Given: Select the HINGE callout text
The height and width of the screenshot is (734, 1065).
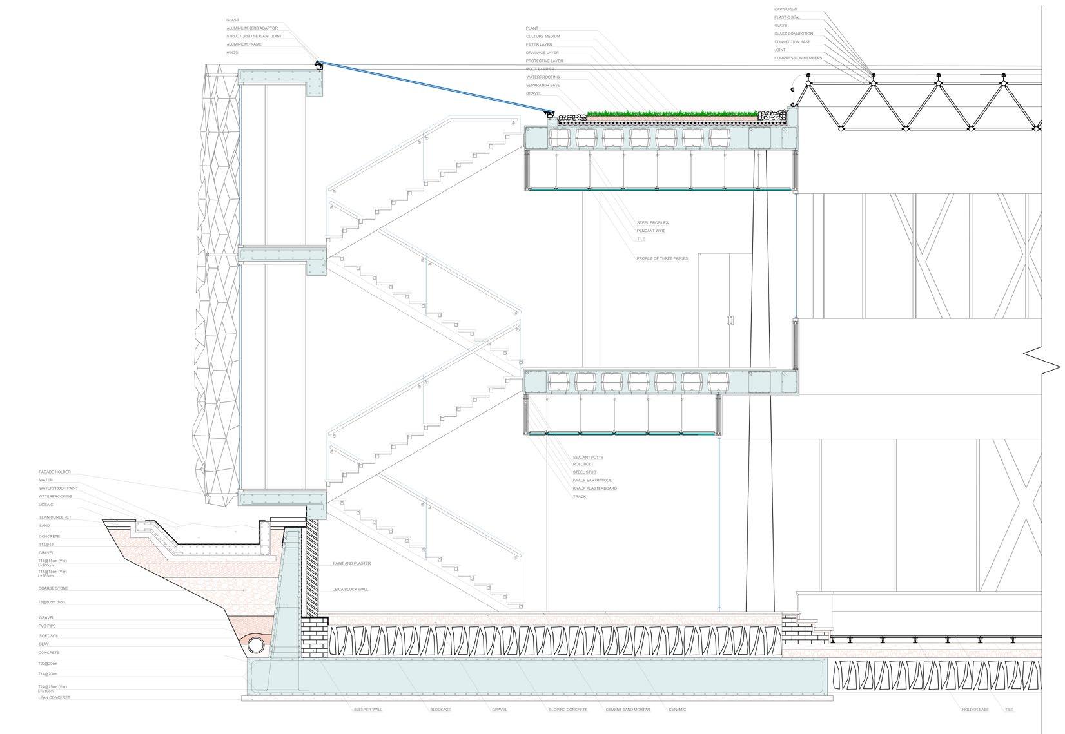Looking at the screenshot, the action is (232, 53).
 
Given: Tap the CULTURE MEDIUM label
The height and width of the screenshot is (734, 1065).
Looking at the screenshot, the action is (543, 37).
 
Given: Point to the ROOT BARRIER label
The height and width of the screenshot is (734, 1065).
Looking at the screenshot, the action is (540, 69).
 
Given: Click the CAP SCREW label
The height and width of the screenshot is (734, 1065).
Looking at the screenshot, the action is (785, 9).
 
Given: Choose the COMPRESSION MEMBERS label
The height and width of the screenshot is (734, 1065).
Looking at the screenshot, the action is (797, 59).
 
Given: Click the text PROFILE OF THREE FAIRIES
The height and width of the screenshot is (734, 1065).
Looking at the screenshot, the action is (662, 259).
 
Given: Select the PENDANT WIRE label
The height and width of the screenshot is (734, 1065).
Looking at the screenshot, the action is (650, 231).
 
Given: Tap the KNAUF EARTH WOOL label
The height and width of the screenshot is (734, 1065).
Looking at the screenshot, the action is (592, 481).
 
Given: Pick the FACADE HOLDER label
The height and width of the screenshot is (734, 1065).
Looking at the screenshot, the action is (54, 472).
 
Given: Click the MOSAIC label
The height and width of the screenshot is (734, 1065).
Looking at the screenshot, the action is (46, 505).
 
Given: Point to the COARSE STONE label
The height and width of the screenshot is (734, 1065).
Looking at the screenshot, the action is (53, 589).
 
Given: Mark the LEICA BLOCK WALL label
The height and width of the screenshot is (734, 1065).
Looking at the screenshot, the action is (351, 590).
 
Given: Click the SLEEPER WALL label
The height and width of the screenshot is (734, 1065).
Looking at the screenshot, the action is (367, 710).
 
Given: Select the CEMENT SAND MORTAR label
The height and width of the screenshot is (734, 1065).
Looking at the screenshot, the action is (627, 710).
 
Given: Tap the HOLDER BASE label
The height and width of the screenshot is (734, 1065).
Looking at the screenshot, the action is (975, 710).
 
